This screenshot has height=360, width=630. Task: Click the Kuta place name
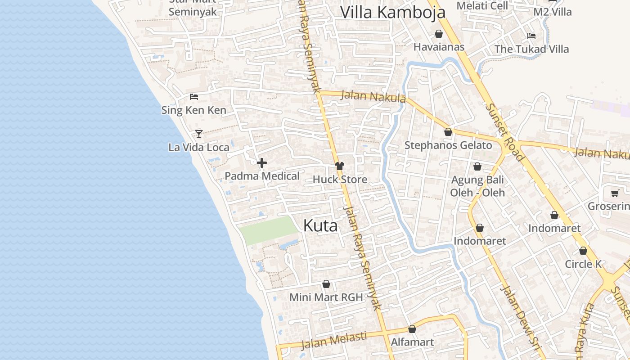[320, 225]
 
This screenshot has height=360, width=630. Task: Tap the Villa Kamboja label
[392, 12]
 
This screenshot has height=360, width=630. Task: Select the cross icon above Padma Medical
[262, 163]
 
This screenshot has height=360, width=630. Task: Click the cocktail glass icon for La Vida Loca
[198, 134]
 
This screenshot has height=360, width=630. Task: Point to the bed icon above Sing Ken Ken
[194, 96]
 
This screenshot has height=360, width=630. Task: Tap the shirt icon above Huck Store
[340, 166]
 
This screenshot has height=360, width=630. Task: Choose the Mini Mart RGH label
[326, 297]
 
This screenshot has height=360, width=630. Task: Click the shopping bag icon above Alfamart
[412, 329]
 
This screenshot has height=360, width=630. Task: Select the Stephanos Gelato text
[448, 145]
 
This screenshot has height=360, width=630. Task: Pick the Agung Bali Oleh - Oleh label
[477, 186]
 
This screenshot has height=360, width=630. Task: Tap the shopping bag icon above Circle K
[583, 251]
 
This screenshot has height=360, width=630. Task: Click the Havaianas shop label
[439, 47]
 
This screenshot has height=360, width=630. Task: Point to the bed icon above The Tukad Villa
[531, 36]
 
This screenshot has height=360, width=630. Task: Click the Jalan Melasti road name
[333, 340]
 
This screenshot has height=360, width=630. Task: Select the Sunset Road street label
[505, 132]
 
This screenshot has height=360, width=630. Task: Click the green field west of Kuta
[268, 230]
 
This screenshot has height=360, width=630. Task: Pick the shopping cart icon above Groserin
[615, 193]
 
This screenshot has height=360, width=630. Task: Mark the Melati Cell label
[482, 6]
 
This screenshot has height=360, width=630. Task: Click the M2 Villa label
[552, 12]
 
